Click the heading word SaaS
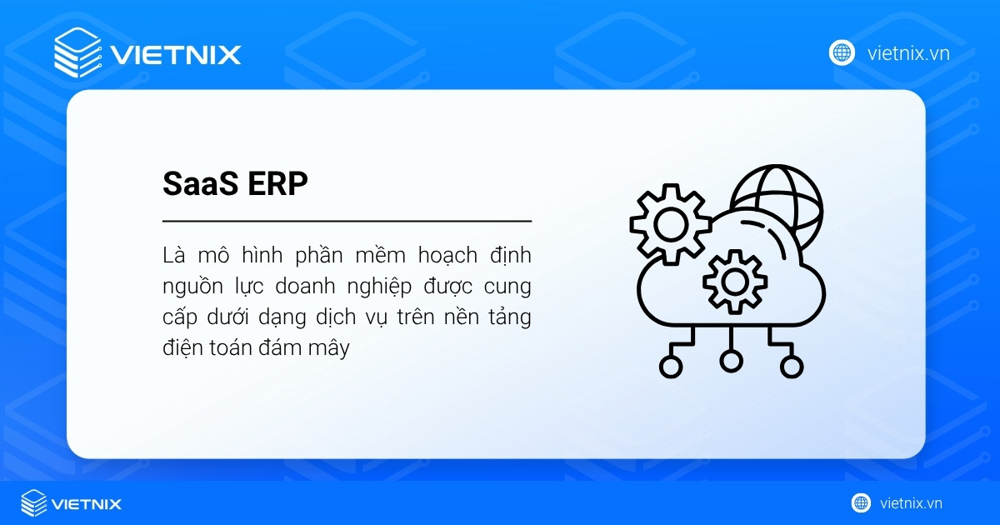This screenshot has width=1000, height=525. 197,185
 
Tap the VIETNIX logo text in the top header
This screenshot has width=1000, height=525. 176,55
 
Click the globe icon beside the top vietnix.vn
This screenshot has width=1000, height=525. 842,52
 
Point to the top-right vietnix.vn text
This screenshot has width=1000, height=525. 908,53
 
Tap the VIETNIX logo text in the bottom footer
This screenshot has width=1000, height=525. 86,503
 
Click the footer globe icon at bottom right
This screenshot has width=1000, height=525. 861,502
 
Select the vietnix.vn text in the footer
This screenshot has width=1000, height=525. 911,503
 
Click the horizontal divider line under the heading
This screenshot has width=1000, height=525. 347,222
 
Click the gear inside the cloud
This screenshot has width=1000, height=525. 734,282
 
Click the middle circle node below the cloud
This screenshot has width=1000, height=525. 731,360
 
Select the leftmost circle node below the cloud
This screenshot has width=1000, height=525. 669,366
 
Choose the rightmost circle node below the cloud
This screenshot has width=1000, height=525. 792,366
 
